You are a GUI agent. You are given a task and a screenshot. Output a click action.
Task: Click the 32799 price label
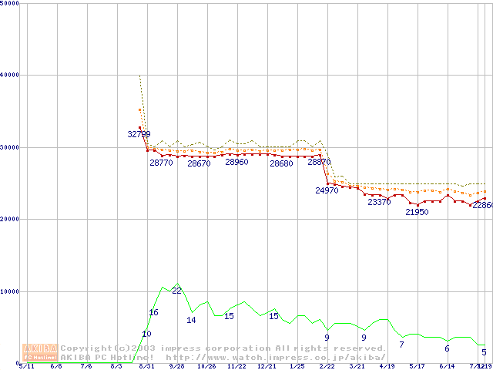click(139, 134)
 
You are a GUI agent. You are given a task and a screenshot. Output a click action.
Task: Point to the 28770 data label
click(161, 163)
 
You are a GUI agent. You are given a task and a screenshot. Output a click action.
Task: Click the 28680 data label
click(281, 163)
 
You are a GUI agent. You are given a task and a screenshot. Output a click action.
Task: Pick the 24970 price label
click(327, 190)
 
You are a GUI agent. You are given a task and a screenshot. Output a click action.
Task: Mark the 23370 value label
click(379, 202)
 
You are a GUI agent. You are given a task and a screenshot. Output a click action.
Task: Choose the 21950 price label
click(417, 212)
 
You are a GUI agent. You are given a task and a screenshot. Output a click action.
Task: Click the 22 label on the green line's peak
click(176, 290)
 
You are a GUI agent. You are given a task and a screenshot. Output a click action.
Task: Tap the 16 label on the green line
click(153, 312)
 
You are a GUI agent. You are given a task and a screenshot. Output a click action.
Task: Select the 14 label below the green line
click(191, 320)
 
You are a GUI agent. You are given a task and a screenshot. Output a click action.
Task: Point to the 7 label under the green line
click(401, 345)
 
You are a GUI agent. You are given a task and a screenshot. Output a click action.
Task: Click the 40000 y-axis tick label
click(10, 75)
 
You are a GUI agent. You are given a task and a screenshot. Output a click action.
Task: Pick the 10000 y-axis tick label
click(10, 291)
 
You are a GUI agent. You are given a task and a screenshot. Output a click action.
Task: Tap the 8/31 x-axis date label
click(146, 367)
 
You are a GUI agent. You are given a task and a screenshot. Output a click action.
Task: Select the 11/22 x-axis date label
click(236, 367)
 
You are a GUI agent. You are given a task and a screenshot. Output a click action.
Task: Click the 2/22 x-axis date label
click(327, 367)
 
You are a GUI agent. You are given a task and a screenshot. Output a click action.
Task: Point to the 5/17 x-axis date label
click(417, 367)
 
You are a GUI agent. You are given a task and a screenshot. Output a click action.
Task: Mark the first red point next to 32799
click(139, 128)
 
